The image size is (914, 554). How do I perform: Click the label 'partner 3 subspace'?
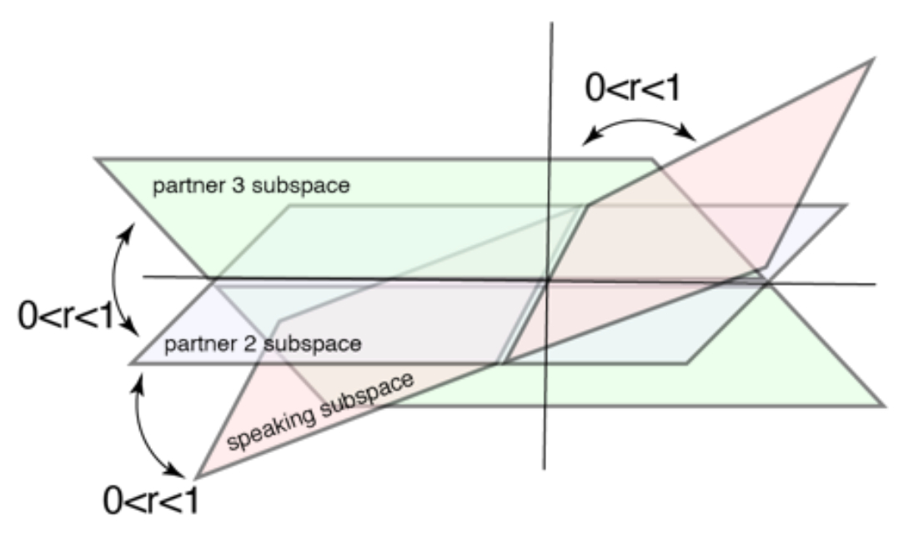pyautogui.click(x=251, y=184)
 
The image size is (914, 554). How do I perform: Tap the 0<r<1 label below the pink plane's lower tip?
pyautogui.click(x=150, y=503)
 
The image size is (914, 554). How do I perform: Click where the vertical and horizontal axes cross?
pyautogui.click(x=548, y=280)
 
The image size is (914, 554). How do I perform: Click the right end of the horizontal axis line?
pyautogui.click(x=875, y=285)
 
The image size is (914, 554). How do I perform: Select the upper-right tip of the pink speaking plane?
pyautogui.click(x=872, y=59)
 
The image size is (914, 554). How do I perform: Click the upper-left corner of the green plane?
pyautogui.click(x=97, y=159)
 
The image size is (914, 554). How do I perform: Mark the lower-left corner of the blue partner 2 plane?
pyautogui.click(x=129, y=363)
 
